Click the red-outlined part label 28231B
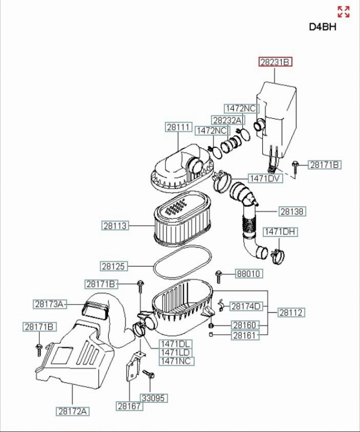[x=275, y=62]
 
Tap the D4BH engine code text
[x=323, y=27]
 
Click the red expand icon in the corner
[x=343, y=12]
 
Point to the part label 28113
[x=115, y=226]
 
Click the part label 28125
[x=114, y=266]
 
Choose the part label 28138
[x=292, y=212]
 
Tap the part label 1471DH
[x=281, y=232]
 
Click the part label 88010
[x=249, y=274]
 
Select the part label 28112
[x=291, y=313]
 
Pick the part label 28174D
[x=246, y=306]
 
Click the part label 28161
[x=245, y=335]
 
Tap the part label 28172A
[x=73, y=411]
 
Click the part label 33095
[x=154, y=398]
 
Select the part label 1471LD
[x=176, y=353]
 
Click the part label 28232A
[x=228, y=120]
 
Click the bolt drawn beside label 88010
[x=219, y=276]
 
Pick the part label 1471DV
[x=265, y=179]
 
